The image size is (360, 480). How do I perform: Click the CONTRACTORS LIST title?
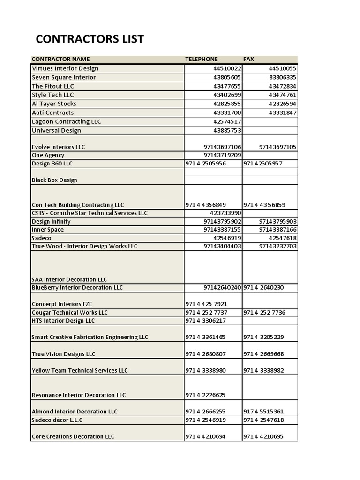[x=90, y=39]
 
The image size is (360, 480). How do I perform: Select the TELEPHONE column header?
[x=202, y=59]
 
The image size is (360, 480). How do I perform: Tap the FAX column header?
[x=248, y=59]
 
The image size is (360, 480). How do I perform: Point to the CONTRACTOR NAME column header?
[x=60, y=59]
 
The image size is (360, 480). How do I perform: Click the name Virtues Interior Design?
[x=65, y=68]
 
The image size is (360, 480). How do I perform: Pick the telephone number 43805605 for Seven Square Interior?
[x=227, y=77]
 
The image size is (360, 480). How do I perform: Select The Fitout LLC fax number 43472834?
[x=282, y=86]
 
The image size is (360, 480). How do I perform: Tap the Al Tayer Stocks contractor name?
[x=54, y=104]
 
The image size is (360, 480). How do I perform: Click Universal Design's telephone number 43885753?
[x=227, y=130]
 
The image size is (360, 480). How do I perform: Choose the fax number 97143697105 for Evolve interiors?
[x=277, y=147]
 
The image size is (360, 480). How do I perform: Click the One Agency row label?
[x=48, y=155]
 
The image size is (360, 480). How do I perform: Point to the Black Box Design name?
[x=54, y=180]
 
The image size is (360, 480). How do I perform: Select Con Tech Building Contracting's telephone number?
[x=206, y=205]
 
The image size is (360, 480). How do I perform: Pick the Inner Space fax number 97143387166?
[x=277, y=230]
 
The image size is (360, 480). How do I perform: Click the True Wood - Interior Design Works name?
[x=84, y=246]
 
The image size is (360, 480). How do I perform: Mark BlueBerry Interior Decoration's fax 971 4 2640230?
[x=263, y=288]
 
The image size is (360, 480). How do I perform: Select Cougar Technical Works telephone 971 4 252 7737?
[x=207, y=313]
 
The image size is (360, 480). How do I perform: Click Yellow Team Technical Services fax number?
[x=263, y=370]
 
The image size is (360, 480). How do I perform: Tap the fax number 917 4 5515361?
[x=263, y=412]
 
